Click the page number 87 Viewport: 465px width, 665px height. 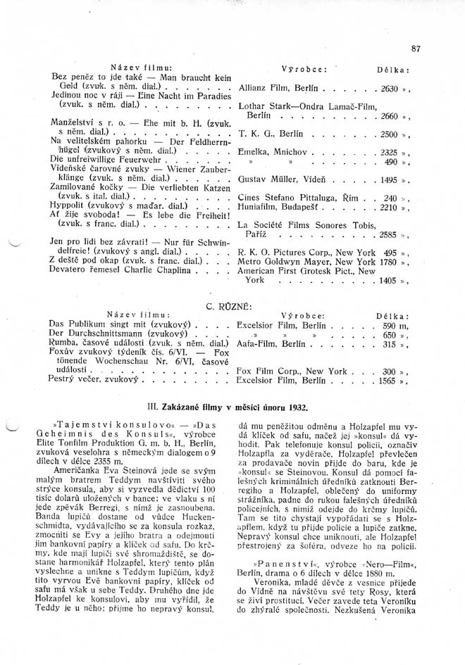click(x=415, y=49)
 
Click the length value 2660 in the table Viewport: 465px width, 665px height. click(x=389, y=115)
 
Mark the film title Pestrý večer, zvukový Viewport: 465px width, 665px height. click(x=96, y=379)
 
